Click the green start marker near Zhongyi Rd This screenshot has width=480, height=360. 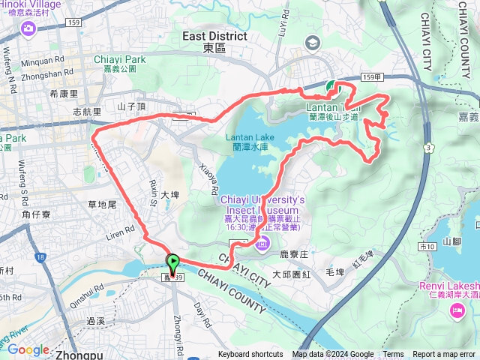click(173, 265)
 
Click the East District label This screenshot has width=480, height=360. click(214, 36)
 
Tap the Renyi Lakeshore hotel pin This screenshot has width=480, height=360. click(457, 310)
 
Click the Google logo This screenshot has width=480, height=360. click(28, 349)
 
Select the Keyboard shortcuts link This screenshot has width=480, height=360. click(250, 355)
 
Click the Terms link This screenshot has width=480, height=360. click(393, 355)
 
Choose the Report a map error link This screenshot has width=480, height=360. click(444, 355)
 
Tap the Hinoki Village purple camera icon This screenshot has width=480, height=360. click(28, 28)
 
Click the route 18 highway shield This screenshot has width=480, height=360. click(40, 257)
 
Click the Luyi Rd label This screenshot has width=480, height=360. click(283, 28)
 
